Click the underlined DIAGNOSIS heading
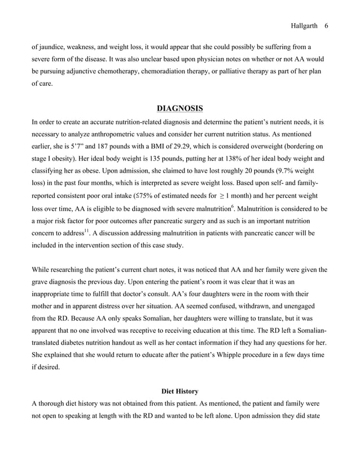coord(179,108)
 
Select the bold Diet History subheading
coord(179,390)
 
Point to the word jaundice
coord(52,47)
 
